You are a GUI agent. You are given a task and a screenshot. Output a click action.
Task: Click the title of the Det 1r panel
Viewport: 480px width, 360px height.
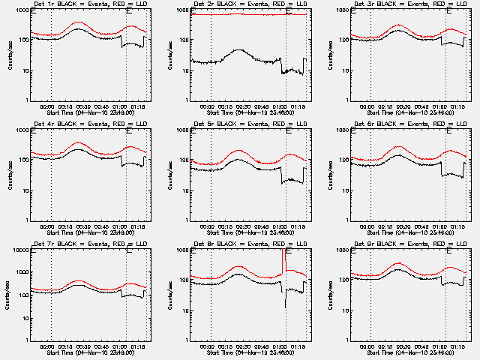click(80, 4)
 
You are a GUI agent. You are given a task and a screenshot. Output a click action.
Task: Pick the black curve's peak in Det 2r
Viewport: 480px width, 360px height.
click(238, 50)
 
